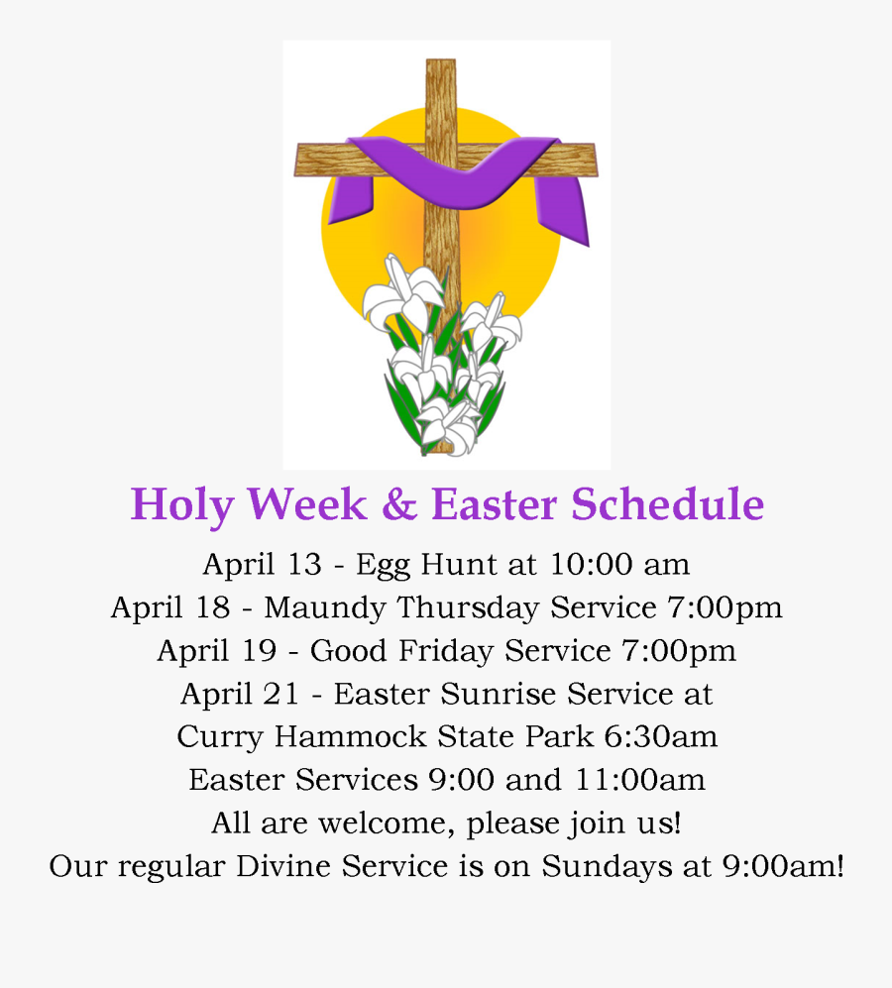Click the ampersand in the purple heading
pos(398,504)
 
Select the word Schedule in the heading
pos(667,504)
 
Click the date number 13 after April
pos(303,564)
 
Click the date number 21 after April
pos(280,694)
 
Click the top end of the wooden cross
pos(441,67)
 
